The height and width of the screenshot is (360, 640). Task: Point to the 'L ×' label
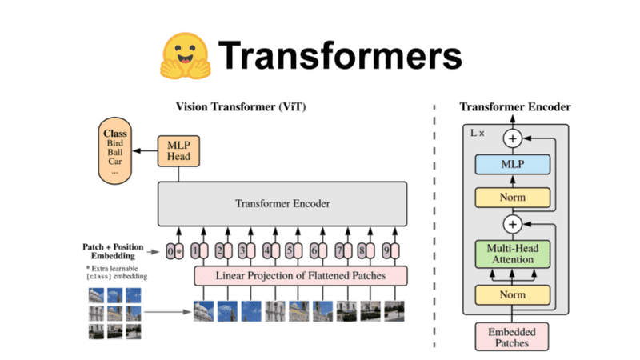[x=478, y=131]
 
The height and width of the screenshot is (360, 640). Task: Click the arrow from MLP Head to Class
[x=146, y=150]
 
